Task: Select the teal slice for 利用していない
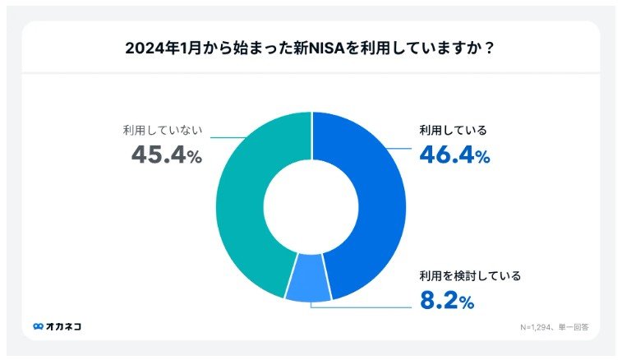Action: point(246,205)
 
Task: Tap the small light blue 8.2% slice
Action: point(308,284)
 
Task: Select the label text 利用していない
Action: point(163,130)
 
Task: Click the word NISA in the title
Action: point(343,48)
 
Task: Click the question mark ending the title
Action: point(489,48)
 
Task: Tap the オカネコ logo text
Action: point(63,326)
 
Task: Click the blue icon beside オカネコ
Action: point(38,326)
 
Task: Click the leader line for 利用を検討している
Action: point(362,307)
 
